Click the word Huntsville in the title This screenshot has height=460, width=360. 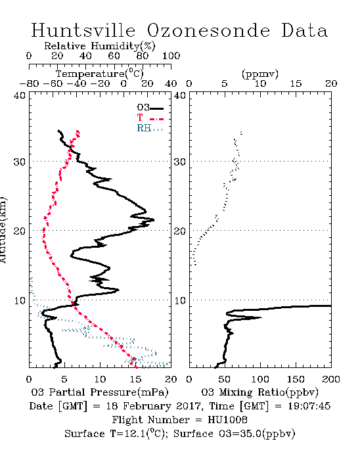83,30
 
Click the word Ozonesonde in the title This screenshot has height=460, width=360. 208,30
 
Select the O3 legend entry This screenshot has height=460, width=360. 150,108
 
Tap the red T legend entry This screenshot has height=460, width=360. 150,118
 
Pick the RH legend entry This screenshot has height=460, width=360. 150,128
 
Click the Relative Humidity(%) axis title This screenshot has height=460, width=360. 100,46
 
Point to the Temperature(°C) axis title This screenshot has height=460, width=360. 100,74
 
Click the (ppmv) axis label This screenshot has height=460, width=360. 260,74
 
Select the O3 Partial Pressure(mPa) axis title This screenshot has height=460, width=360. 100,392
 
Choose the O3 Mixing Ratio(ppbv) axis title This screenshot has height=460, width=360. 259,392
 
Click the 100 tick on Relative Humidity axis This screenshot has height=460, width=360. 171,56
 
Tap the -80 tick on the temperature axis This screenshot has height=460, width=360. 29,83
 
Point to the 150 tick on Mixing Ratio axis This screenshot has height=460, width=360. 296,379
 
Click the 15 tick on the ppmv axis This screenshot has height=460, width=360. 296,83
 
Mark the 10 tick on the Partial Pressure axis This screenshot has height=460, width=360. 100,379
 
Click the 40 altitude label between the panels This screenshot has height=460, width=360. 180,95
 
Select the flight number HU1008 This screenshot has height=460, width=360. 227,420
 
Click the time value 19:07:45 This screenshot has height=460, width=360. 309,406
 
